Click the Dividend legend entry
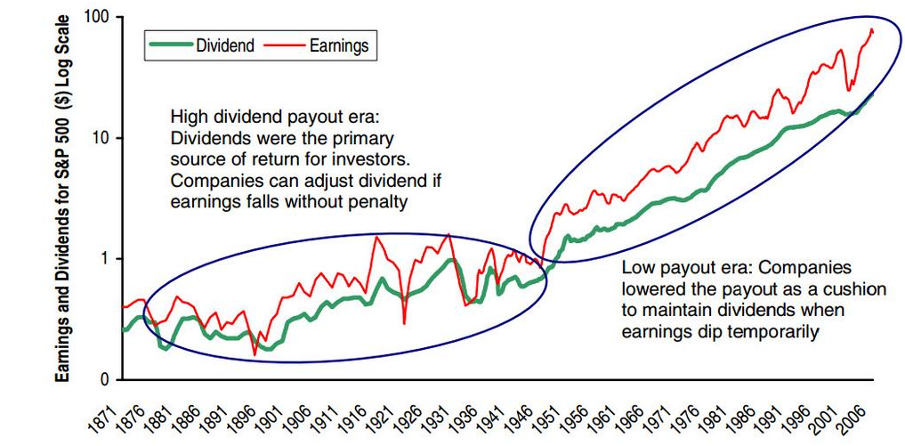[202, 45]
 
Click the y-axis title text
[65, 198]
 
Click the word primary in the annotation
[359, 140]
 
